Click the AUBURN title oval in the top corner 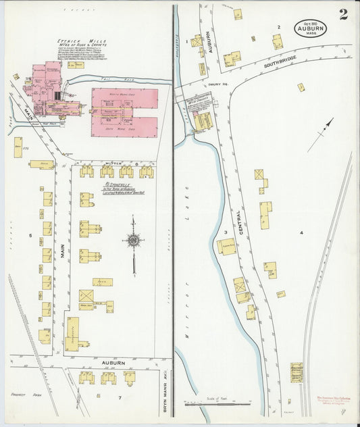point(310,28)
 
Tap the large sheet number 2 point(343,15)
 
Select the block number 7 point(120,398)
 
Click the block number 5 point(30,235)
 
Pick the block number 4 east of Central point(301,233)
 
